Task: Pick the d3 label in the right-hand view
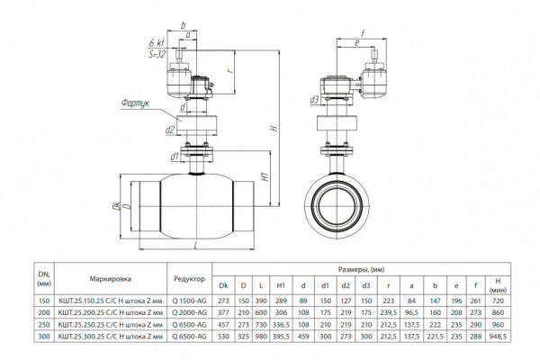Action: pos(313,101)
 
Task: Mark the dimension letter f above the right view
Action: pos(360,40)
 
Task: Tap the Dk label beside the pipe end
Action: pos(117,205)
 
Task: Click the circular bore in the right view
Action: pos(340,204)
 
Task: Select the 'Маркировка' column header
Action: pos(112,279)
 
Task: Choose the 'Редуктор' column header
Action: pos(187,279)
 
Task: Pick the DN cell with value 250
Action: pos(44,323)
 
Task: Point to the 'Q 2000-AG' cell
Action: pos(187,310)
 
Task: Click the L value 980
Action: pos(262,336)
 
